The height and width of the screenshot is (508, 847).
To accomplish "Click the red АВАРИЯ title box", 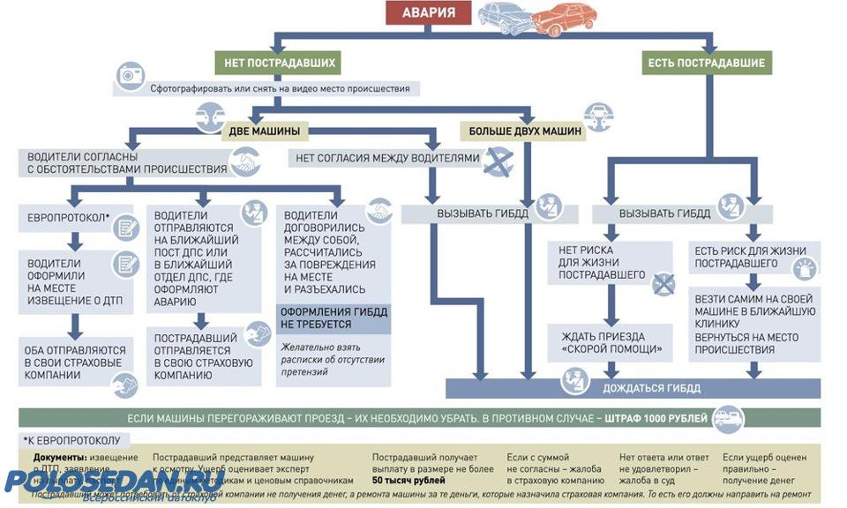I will (430, 13).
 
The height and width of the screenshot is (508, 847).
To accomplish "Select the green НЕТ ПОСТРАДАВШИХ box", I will (276, 63).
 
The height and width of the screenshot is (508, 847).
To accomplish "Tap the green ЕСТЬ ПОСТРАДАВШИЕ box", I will (707, 63).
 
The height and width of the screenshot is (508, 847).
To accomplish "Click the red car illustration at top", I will (564, 19).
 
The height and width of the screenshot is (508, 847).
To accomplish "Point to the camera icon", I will (131, 77).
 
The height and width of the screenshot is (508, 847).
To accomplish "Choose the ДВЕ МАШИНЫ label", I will (264, 131).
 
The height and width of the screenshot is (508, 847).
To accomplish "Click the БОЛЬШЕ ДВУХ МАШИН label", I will (525, 131).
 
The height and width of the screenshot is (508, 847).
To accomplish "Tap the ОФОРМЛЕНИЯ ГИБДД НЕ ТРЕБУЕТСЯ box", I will (334, 318).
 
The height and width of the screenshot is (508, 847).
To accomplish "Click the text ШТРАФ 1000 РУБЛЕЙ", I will (656, 417).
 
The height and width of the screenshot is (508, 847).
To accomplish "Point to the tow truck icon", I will (729, 417).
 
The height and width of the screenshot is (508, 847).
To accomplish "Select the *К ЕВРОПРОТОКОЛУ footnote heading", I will (76, 439).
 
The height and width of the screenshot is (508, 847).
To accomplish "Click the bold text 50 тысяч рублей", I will (407, 481).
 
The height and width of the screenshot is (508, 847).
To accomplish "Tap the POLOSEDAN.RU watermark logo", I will (115, 482).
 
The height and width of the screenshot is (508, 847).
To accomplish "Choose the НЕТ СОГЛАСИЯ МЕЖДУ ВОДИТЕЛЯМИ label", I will (387, 159).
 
